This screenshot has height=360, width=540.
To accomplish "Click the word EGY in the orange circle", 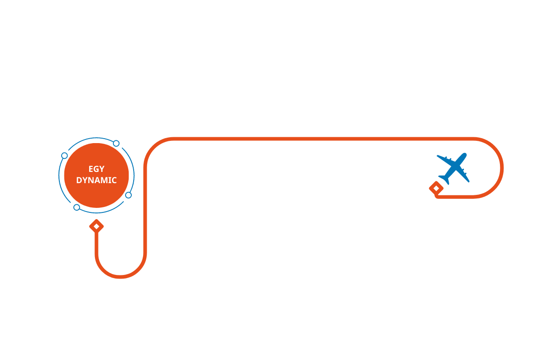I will tap(96, 169).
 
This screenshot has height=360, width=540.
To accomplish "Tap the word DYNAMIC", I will tap(96, 180).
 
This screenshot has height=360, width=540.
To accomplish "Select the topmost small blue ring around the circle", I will tap(116, 144).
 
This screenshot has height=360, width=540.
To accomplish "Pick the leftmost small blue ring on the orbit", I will tap(64, 156).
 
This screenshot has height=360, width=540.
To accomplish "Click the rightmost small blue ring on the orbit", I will tap(128, 195).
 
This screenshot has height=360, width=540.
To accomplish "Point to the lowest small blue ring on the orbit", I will tap(76, 207).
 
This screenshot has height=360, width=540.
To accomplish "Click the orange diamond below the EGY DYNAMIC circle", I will tap(96, 226).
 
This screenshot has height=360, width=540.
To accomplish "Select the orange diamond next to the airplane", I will tap(436, 188).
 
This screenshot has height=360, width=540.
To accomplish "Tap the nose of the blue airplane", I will tap(464, 155).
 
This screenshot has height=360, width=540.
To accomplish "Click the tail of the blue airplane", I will tap(444, 180).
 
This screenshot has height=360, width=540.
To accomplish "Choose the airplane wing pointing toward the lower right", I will tap(466, 178).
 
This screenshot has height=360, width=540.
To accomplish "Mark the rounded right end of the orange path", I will tap(501, 167).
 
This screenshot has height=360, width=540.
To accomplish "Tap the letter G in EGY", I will tap(96, 169).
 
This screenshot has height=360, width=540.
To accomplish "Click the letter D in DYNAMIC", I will tap(79, 180).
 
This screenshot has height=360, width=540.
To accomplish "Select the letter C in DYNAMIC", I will tap(114, 180).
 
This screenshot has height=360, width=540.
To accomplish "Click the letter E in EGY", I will tap(91, 169).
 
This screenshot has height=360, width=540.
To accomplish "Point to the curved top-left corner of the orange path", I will tap(153, 147).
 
